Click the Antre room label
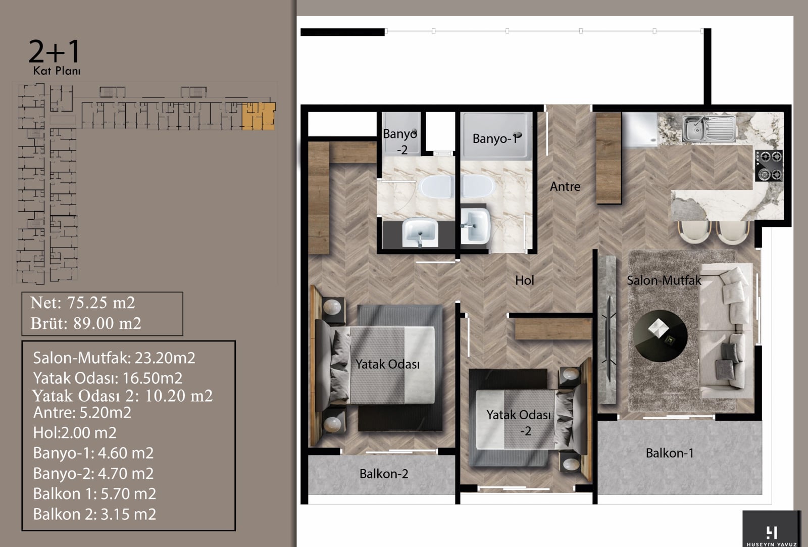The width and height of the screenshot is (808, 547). tap(565, 186)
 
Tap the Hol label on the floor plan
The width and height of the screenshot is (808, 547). tap(525, 280)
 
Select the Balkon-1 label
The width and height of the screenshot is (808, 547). tap(670, 453)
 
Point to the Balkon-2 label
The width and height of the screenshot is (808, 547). tap(384, 474)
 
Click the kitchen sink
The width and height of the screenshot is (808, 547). tap(709, 128)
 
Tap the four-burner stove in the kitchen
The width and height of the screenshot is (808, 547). tap(769, 166)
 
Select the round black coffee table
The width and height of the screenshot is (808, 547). tap(661, 335)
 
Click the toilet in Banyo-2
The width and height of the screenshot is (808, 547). tap(436, 187)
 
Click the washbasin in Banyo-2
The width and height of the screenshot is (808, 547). tap(420, 232)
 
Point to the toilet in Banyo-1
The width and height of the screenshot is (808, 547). tap(478, 186)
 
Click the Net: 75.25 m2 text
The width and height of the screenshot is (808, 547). tap(83, 303)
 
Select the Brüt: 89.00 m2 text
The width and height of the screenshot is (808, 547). tap(86, 323)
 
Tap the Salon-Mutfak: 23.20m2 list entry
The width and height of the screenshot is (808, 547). tap(114, 358)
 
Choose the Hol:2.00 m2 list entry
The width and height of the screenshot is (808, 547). tap(75, 433)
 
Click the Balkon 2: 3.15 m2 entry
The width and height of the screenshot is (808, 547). tap(94, 514)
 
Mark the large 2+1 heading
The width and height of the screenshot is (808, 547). tap(54, 51)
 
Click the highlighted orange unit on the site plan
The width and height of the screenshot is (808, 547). tap(258, 116)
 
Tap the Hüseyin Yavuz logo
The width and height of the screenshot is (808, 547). tap(771, 529)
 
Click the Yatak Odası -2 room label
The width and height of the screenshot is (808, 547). tap(519, 423)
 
